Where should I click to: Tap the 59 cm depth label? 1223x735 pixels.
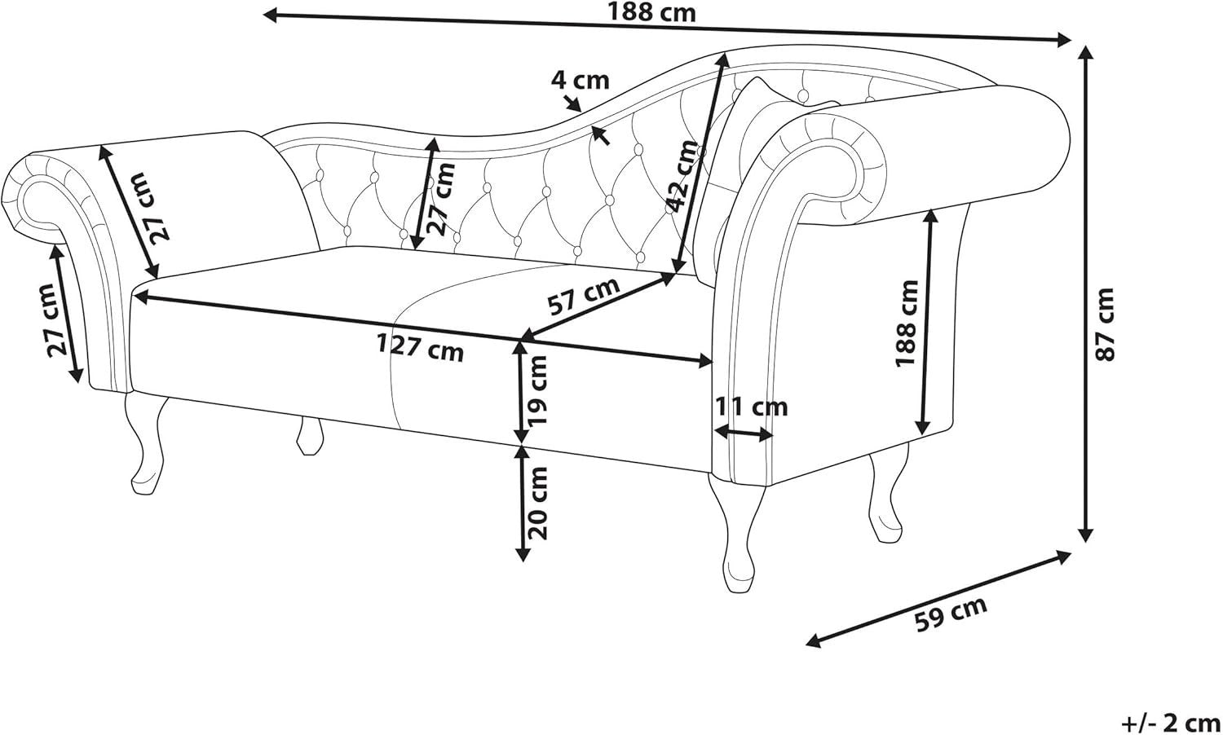click(x=951, y=614)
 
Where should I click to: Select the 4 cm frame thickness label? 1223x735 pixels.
click(x=580, y=80)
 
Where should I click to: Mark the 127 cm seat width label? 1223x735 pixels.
click(x=420, y=348)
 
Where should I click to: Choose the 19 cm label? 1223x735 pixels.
click(x=535, y=390)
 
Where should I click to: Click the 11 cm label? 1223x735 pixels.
click(x=751, y=407)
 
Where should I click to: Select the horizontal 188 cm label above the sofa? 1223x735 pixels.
click(x=652, y=13)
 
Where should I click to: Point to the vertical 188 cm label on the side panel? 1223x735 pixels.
click(x=907, y=323)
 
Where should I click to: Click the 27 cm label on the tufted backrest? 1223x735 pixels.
click(x=443, y=199)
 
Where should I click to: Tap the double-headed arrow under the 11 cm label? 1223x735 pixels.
click(x=744, y=434)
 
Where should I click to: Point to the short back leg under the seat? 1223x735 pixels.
click(x=309, y=435)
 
